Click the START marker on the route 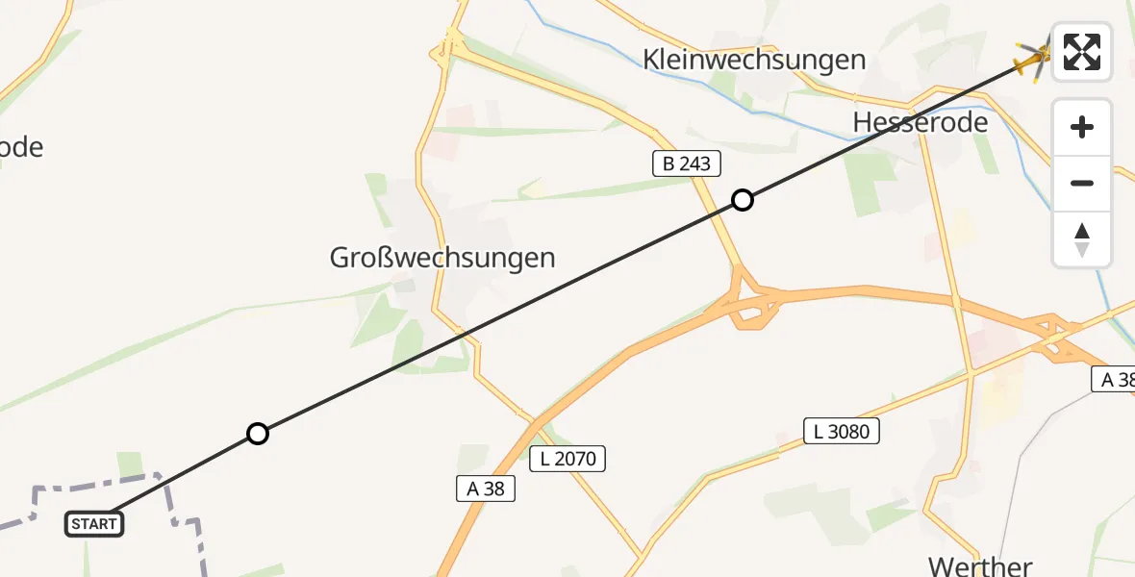coord(94,524)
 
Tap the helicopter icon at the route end coord(1034,61)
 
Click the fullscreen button coord(1082,52)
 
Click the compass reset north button coord(1082,239)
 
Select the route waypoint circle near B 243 coord(743,200)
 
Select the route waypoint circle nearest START coord(257,434)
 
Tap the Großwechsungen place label coord(442,258)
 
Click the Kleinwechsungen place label coord(754,60)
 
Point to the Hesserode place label coord(921,122)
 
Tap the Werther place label coord(980,564)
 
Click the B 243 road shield coord(687,163)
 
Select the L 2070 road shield coord(568,459)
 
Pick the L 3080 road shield coord(842,431)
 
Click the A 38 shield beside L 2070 coord(486,489)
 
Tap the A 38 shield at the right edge coord(1115,379)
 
